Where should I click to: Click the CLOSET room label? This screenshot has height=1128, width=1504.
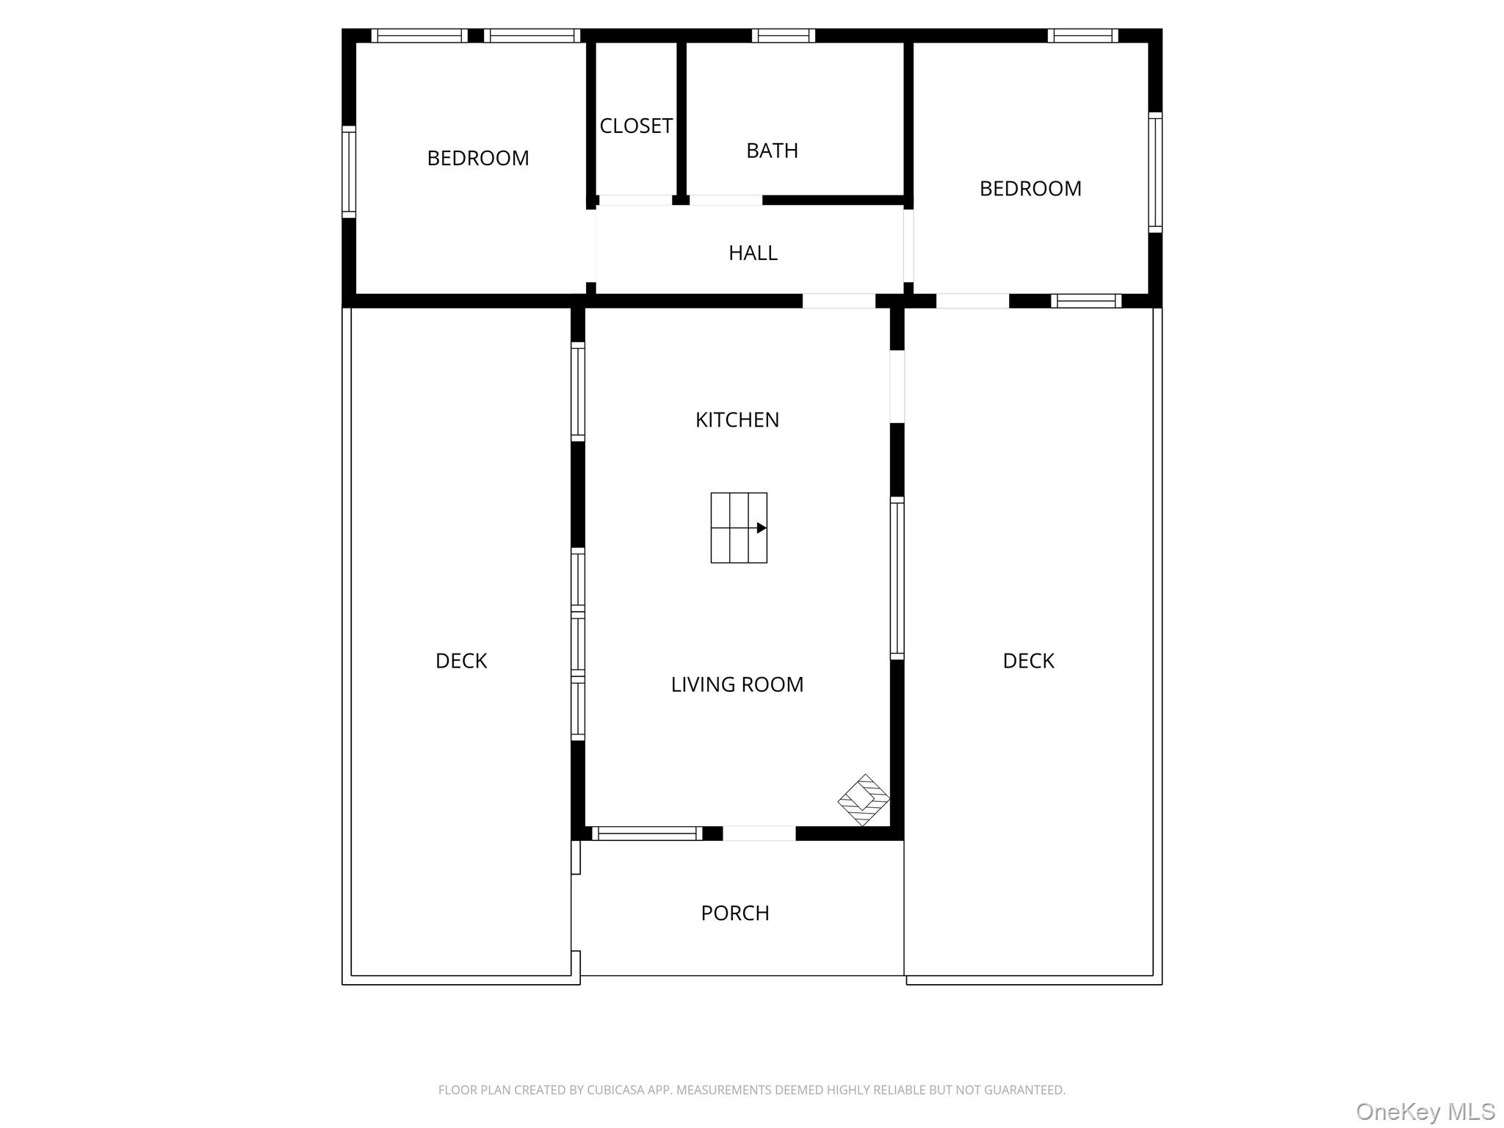coord(636,126)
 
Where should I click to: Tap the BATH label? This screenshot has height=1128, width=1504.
coord(772,151)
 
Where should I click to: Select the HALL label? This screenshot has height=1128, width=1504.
coord(753,253)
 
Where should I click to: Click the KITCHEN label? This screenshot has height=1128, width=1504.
coord(737,420)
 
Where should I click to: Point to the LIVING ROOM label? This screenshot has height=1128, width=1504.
coord(737,684)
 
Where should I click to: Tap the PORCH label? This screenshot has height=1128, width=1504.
coord(735,913)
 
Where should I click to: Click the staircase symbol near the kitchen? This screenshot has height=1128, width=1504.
coord(739,528)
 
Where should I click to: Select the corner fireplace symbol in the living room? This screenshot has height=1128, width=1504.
coord(864,800)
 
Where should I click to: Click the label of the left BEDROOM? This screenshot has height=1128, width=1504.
coord(478,159)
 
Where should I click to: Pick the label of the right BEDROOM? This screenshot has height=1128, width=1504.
coord(1030,189)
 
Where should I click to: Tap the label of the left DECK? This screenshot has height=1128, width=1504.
coord(461,661)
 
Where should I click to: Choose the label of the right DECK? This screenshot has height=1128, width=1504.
coord(1028,661)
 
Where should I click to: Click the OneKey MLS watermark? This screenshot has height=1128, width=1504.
coord(1425,1112)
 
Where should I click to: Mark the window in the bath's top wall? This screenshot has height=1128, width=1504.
coord(783,35)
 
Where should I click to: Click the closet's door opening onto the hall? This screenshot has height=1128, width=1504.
coord(635,200)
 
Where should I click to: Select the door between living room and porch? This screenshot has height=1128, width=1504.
coord(759,834)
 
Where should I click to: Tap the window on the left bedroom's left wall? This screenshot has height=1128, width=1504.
coord(349,172)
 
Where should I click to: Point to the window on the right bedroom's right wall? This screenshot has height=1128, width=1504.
coord(1155,173)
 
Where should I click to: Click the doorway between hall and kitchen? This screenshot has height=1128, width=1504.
coord(839,301)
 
